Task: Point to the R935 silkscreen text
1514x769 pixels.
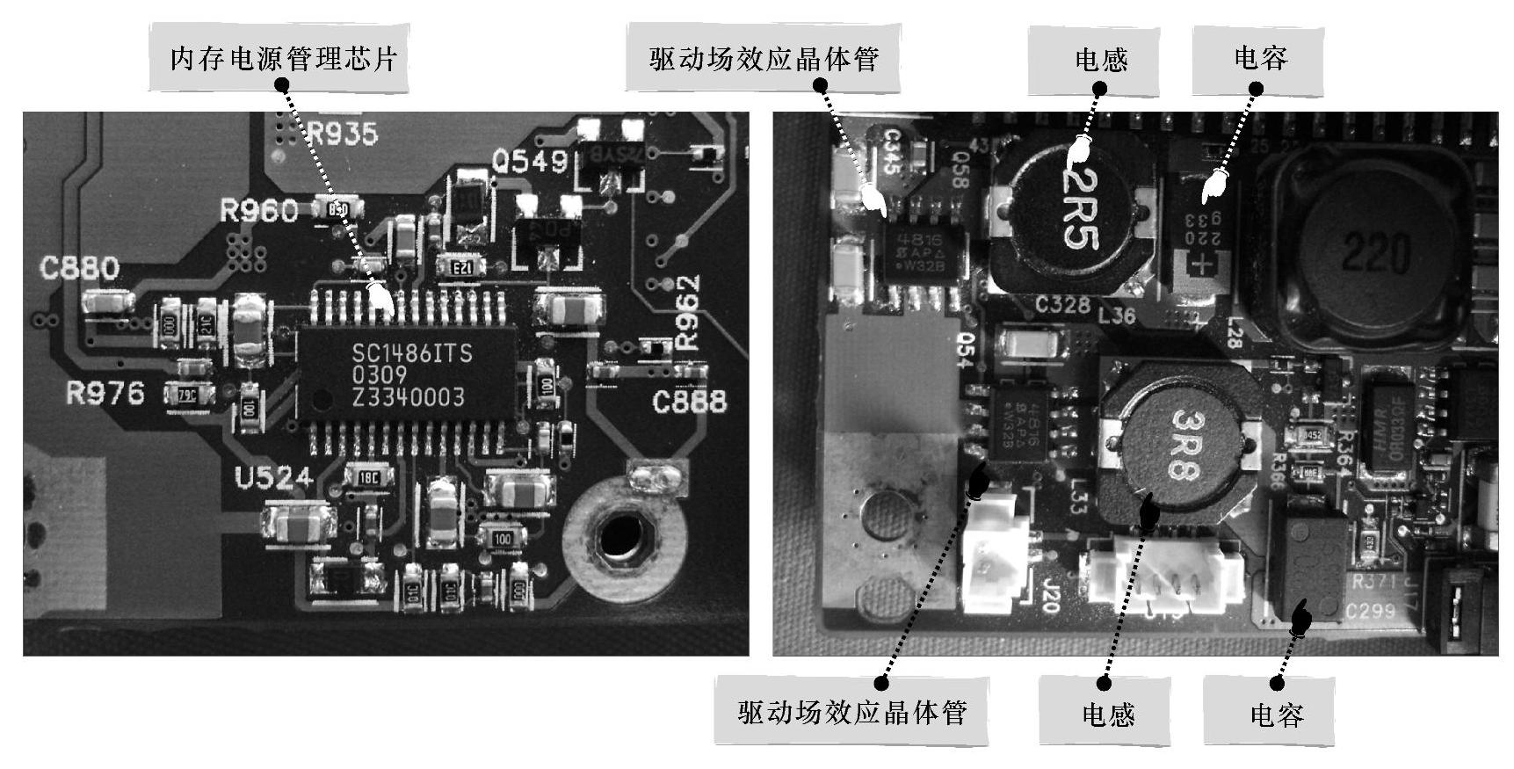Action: coord(343,134)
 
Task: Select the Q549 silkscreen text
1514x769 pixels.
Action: coord(530,162)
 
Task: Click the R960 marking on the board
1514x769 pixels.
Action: coord(258,211)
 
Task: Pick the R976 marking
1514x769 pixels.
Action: coord(105,393)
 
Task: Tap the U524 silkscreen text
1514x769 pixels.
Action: coord(273,478)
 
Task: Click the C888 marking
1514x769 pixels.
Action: coord(690,402)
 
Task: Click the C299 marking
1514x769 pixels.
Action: coord(1369,611)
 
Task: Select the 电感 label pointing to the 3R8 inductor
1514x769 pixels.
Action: coord(1107,713)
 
